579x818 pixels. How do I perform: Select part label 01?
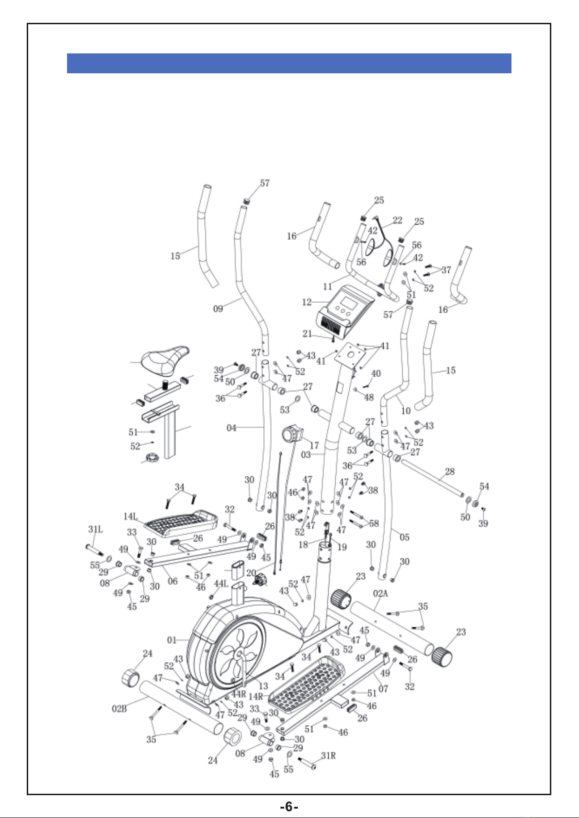[171, 640]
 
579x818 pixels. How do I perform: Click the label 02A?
[380, 593]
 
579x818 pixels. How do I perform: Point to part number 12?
[307, 302]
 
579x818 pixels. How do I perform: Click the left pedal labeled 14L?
[181, 523]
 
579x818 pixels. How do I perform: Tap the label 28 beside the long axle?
[450, 471]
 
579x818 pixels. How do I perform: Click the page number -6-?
[289, 806]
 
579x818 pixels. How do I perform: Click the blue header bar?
[289, 63]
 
